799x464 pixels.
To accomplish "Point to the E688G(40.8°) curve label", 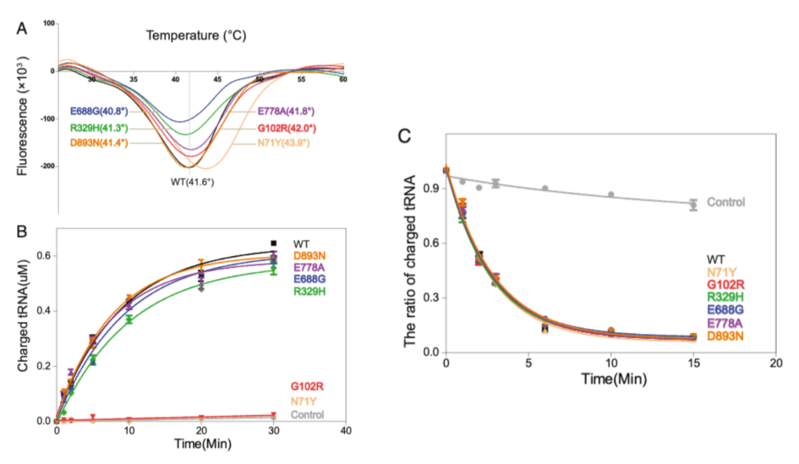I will tap(99, 112).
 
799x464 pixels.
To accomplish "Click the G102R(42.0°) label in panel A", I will tap(287, 128).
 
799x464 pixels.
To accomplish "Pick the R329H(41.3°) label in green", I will tap(100, 128).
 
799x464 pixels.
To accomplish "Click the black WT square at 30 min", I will tap(273, 243).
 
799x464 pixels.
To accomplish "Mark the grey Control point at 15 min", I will tap(693, 205).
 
